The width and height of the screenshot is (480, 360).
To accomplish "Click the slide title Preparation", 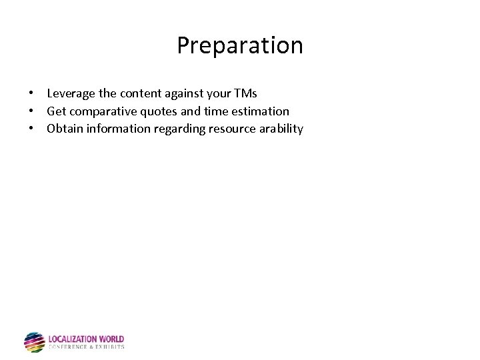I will coord(240,45).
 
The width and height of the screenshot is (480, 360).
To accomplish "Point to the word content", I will coord(137,94).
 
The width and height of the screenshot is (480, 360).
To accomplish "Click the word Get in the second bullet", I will coord(56,111).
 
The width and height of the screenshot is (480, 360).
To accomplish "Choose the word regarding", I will coord(179,129).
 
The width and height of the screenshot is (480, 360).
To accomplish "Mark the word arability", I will coord(279,129).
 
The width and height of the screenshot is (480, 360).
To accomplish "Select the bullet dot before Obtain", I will coord(31,129).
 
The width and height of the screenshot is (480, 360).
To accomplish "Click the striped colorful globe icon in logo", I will coord(34,342).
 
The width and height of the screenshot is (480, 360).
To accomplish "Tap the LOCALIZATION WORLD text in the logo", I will coord(86,339).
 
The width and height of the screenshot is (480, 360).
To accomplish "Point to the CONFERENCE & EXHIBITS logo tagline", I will coord(86,347).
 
